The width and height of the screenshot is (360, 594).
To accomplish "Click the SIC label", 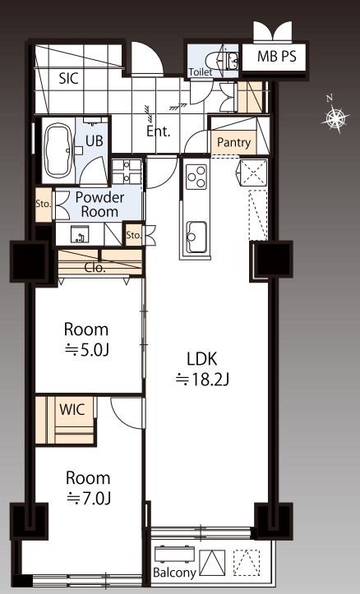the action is [x=68, y=78].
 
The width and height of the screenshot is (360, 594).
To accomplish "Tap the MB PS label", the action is [x=277, y=57].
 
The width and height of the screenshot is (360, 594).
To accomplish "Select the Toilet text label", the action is [x=200, y=71].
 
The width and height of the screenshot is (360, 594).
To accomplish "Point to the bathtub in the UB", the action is [x=58, y=151].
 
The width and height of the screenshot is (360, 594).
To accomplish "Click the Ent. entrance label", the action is [x=159, y=131].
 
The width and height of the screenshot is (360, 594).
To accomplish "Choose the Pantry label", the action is [x=233, y=143].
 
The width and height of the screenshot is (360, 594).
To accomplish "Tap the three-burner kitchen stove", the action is [x=196, y=177].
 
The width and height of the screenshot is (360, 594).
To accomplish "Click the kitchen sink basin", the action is [x=197, y=237].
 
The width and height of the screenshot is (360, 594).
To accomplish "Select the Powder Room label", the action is [x=99, y=205].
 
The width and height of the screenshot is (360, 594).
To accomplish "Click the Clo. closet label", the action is [x=95, y=268].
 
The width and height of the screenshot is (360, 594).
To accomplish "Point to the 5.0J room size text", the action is [x=87, y=351].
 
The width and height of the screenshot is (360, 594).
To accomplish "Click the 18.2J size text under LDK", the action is [x=203, y=379].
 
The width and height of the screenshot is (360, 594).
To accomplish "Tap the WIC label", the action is [x=72, y=409].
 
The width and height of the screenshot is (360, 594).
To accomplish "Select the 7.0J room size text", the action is [x=89, y=499].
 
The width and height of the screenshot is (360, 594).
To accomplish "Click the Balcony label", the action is [x=174, y=573].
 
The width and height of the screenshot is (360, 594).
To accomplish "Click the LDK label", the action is [x=202, y=359].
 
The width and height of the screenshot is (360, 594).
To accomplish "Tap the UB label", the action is [x=94, y=141].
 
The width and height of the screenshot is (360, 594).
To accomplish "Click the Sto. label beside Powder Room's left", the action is [x=44, y=205].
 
